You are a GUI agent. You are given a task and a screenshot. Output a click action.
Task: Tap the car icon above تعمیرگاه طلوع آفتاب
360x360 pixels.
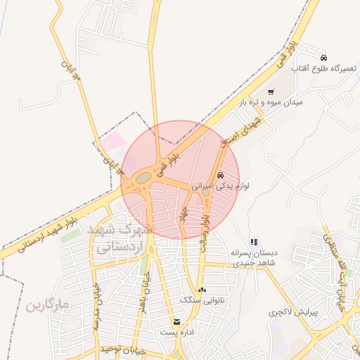323,57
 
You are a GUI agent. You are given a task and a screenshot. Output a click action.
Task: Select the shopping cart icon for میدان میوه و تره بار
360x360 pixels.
271,92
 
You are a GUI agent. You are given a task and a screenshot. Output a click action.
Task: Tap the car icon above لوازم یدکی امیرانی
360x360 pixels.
220,175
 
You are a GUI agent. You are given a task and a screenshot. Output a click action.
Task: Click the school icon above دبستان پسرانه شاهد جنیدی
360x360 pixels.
254,242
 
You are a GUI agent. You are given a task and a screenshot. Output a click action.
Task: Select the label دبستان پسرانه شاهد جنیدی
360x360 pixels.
255,257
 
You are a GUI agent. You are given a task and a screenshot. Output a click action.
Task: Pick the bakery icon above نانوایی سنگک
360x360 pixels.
202,290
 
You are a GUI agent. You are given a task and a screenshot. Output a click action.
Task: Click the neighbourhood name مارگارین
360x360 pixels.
48,306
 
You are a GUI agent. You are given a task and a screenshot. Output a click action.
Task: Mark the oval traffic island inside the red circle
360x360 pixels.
143,179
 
